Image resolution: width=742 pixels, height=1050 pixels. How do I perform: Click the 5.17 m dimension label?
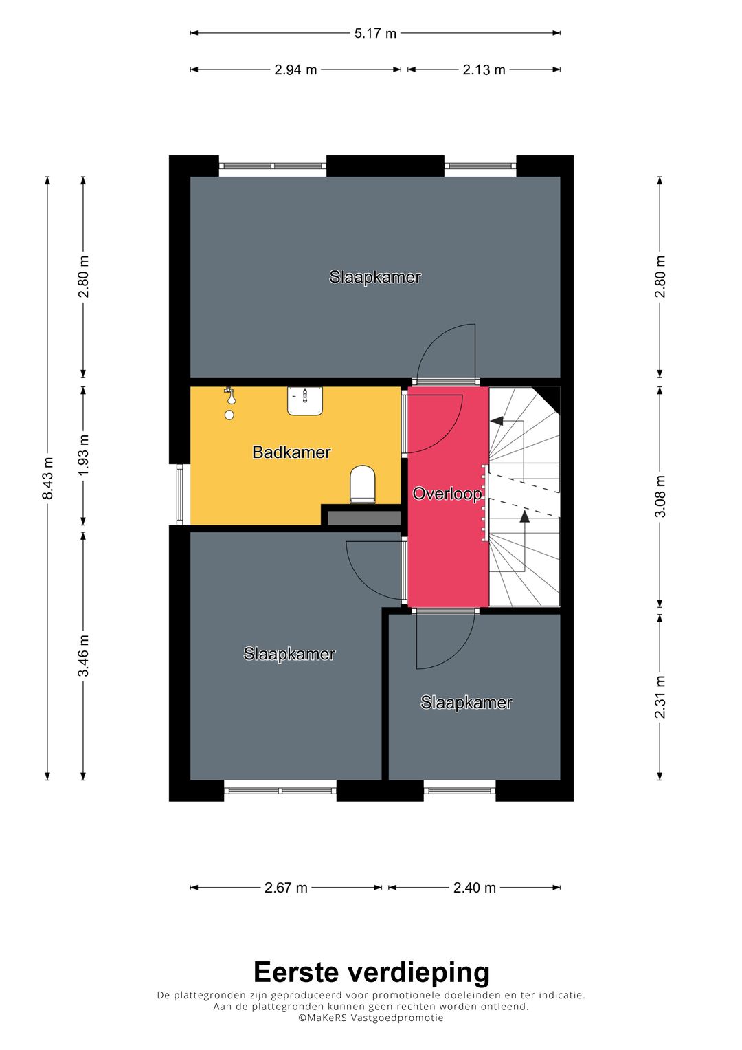pos(375,33)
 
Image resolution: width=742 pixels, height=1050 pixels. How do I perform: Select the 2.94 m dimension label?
pos(295,70)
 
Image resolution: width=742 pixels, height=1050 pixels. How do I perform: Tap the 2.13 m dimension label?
pos(484,70)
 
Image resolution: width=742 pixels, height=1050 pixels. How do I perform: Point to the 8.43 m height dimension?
pos(48,478)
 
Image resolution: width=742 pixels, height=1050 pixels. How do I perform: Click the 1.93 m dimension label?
pos(84,455)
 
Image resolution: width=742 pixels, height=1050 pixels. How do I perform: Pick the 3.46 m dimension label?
pos(84,656)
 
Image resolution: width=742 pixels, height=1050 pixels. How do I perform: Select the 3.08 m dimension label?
pos(660,496)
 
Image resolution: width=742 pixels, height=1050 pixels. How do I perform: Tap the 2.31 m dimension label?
pos(660,697)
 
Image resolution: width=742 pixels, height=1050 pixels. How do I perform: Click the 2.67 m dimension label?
pos(286,888)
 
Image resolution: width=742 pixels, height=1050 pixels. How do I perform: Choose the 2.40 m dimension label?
pos(475,888)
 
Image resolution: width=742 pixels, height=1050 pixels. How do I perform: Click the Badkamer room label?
pos(291,452)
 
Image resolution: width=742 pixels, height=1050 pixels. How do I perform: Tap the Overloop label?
pos(447,494)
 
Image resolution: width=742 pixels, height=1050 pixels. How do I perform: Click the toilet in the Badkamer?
pos(363,484)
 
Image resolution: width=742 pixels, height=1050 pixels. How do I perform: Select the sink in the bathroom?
pos(305,401)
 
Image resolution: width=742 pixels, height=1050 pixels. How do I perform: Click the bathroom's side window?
pos(180,494)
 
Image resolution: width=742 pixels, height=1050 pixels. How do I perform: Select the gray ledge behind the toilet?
pos(364,518)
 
